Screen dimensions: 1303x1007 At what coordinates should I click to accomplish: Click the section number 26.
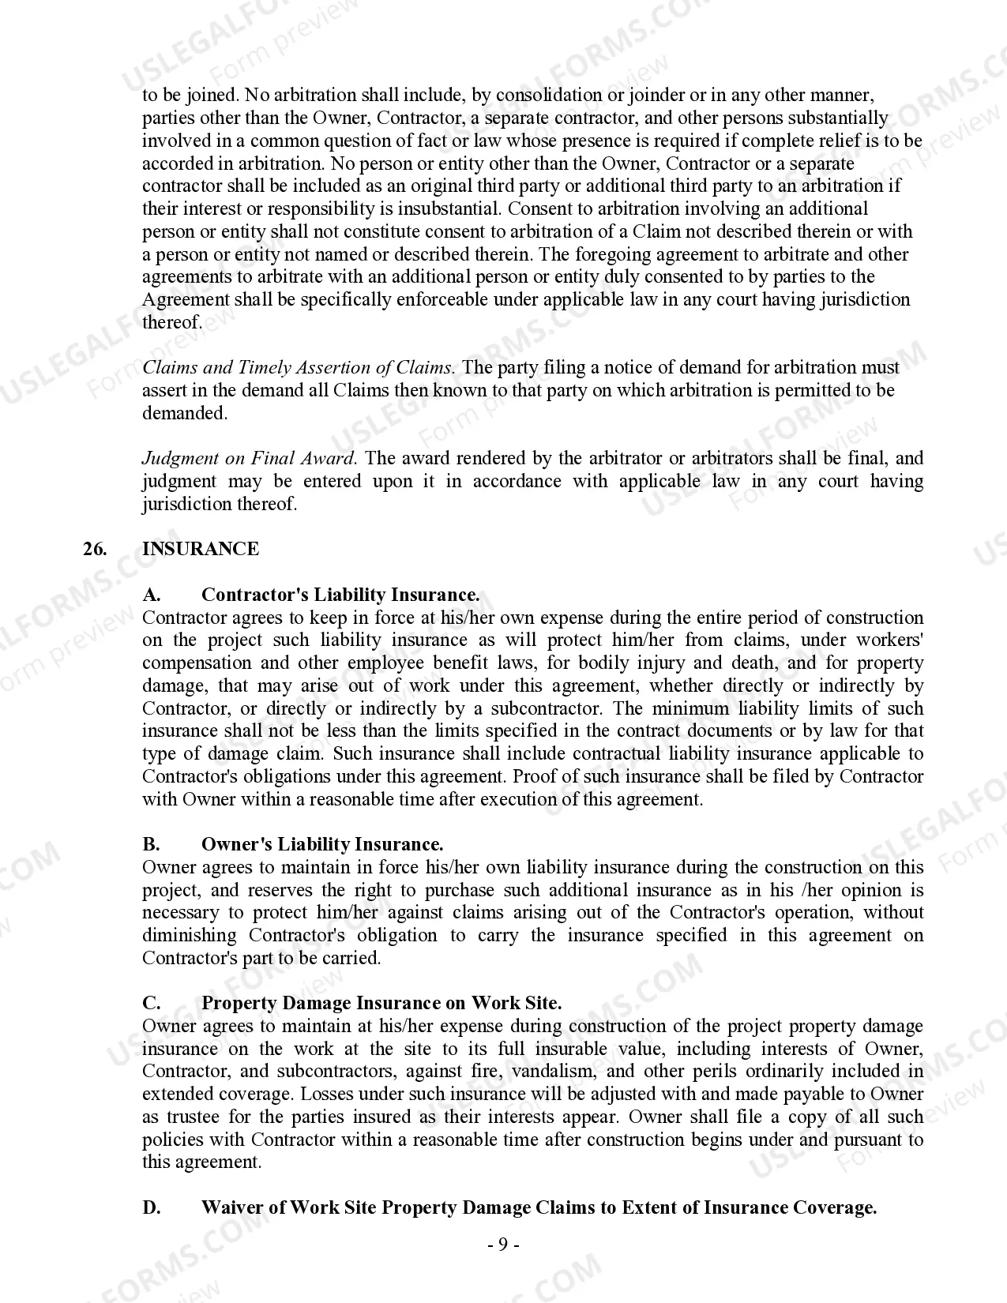(x=94, y=550)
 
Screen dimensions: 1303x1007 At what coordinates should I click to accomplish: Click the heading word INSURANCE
(x=200, y=550)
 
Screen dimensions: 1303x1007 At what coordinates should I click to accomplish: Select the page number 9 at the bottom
(x=502, y=1245)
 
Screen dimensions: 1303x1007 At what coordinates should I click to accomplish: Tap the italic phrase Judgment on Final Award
(x=250, y=459)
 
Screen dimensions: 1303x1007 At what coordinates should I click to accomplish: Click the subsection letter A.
(x=151, y=595)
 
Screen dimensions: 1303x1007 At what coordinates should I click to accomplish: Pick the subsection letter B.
(x=151, y=845)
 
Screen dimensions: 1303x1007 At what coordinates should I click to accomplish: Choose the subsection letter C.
(x=151, y=1004)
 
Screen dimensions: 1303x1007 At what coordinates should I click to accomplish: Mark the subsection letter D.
(x=151, y=1208)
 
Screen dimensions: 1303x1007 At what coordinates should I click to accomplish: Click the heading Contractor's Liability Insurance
(x=340, y=595)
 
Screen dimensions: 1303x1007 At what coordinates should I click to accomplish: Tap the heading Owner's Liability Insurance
(x=322, y=845)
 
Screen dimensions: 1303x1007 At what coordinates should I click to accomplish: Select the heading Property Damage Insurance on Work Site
(x=381, y=1004)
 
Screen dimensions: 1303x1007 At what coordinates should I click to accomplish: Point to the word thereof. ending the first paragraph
(x=172, y=323)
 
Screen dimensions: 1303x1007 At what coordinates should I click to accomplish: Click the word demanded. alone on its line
(x=185, y=414)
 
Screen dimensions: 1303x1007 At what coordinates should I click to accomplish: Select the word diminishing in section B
(x=190, y=936)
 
